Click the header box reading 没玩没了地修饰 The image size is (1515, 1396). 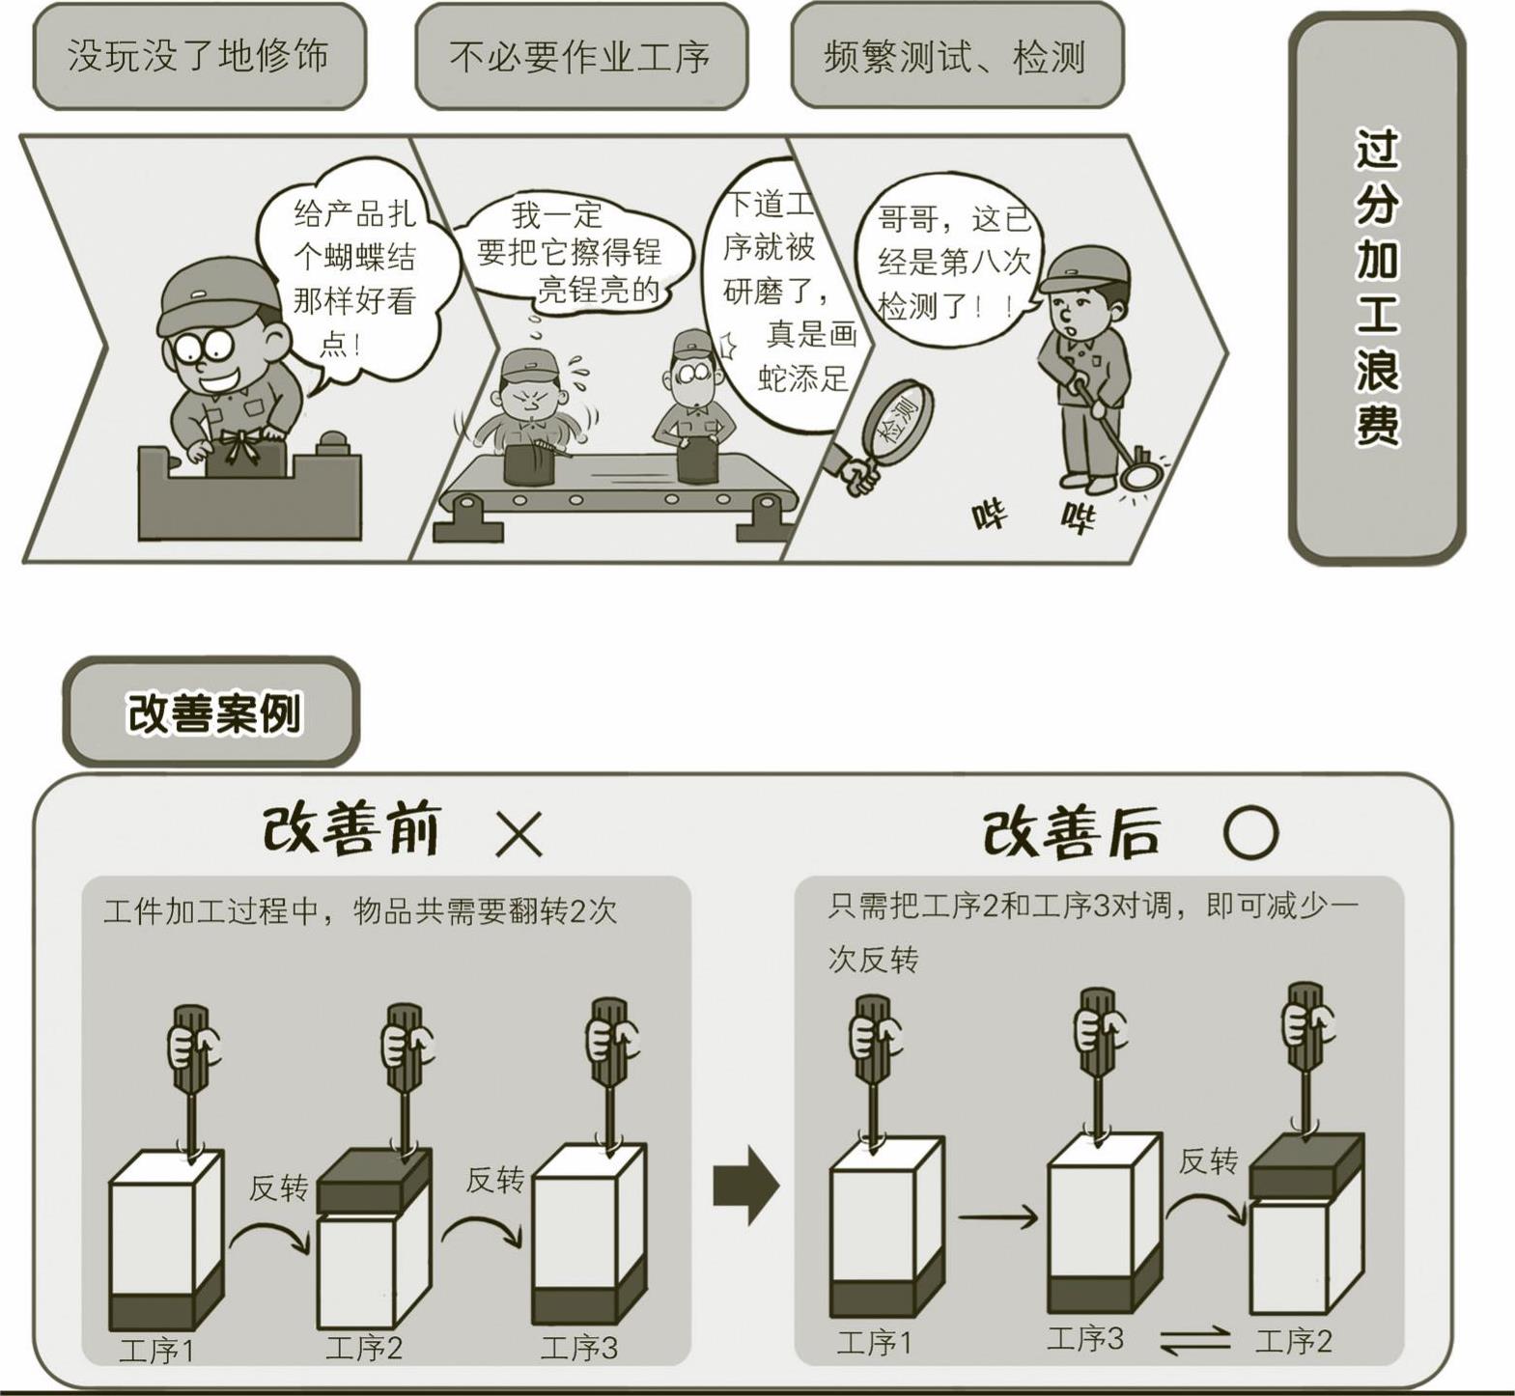coord(199,57)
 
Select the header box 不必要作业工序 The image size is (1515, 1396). coord(581,57)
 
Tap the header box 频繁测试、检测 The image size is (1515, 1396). coord(957,55)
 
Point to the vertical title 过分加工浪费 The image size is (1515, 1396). coord(1377,287)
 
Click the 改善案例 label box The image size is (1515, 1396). coord(211,712)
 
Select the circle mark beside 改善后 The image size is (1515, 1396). coord(1251,832)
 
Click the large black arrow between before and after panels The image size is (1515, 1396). coord(745,1186)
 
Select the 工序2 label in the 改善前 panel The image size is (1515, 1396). coord(363,1348)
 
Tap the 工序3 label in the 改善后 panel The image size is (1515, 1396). coord(1085,1338)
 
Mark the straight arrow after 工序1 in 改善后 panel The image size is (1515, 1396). coord(998,1218)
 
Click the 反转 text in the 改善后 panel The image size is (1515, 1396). coord(1208,1161)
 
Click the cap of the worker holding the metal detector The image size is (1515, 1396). coord(1082,267)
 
